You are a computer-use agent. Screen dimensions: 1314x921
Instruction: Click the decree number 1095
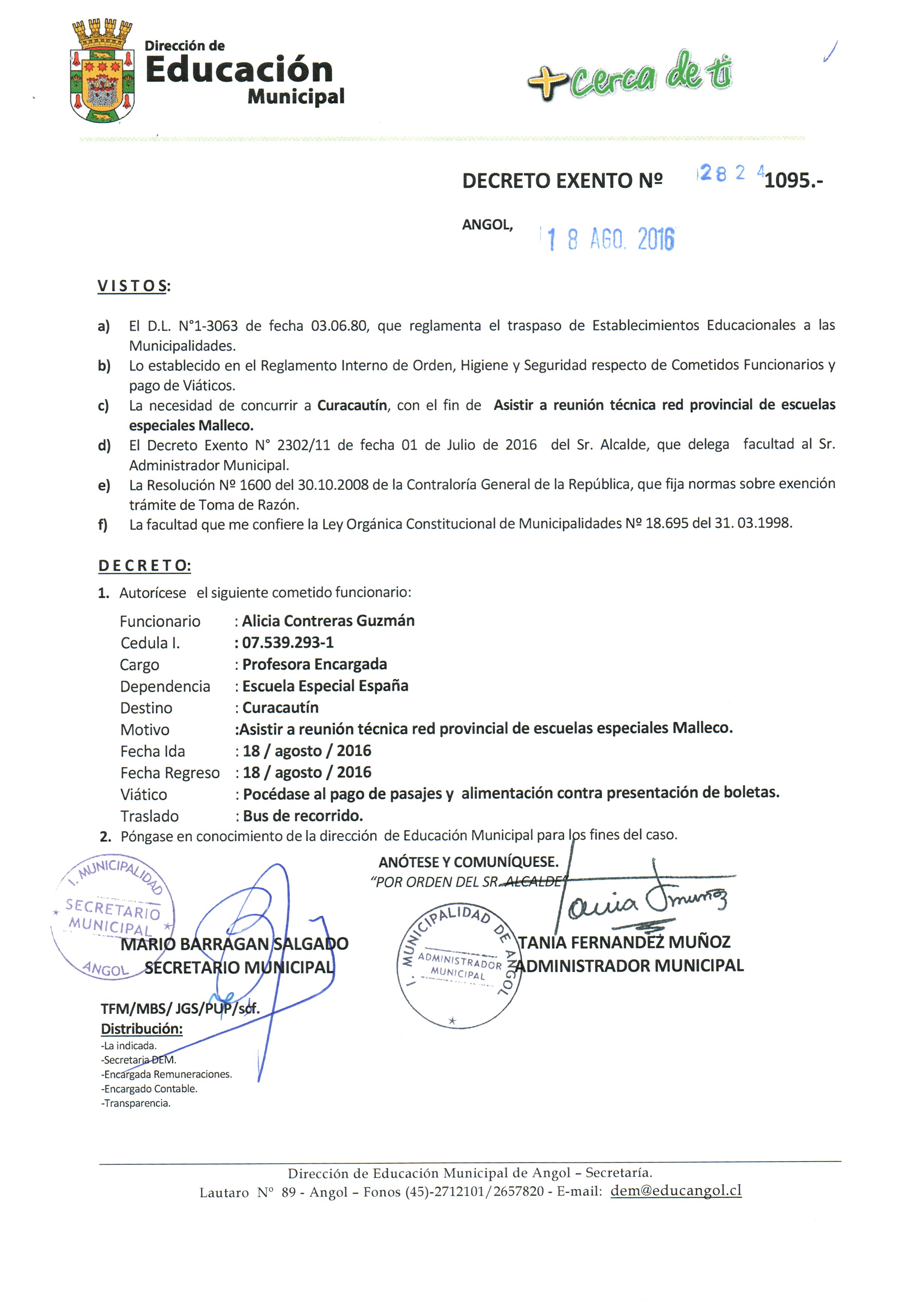coord(792,181)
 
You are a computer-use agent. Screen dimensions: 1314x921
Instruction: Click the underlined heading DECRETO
coord(144,566)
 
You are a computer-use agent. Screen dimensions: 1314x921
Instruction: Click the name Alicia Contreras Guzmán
coord(328,621)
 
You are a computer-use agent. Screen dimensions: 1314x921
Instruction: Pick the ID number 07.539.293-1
coord(287,643)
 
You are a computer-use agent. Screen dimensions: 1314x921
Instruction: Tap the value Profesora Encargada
coord(314,664)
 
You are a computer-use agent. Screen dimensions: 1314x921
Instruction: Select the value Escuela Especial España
coord(325,686)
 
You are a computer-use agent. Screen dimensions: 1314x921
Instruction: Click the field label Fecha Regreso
coord(170,773)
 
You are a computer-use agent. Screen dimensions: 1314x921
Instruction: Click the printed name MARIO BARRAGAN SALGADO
coord(234,944)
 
